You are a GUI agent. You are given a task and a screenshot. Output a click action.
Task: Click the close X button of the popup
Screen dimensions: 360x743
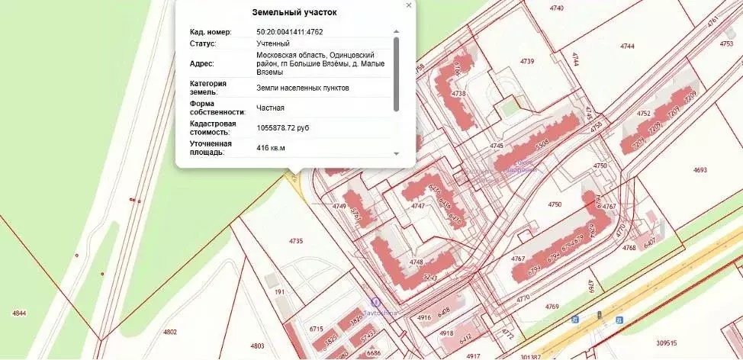click(409, 5)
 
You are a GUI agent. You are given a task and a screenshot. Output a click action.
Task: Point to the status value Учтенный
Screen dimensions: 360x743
click(273, 43)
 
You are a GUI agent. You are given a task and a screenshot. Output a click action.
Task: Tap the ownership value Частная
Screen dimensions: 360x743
click(270, 108)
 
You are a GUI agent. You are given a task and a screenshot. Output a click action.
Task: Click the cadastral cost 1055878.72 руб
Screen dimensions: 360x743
click(283, 127)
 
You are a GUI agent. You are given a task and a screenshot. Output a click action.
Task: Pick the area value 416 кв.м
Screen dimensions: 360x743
click(271, 148)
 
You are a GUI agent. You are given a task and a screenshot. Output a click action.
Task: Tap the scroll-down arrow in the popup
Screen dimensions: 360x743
click(395, 153)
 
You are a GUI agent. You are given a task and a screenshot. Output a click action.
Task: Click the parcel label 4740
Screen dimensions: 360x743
click(557, 8)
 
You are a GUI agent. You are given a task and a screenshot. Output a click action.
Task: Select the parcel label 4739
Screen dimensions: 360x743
click(527, 60)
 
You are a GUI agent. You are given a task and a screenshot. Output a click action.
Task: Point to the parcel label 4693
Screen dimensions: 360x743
click(700, 170)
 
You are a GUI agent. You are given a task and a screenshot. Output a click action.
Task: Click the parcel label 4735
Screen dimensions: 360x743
click(296, 241)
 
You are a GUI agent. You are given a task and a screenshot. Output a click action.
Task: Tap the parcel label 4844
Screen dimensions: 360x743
click(20, 313)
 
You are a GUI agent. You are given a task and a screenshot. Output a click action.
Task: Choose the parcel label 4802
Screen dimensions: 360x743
click(169, 332)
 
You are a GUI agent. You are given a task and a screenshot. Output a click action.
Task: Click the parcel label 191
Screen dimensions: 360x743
click(279, 292)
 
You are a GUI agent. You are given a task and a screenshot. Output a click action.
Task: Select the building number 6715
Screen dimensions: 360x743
click(317, 328)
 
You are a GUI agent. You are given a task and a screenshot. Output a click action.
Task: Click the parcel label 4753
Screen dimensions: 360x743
click(726, 44)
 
